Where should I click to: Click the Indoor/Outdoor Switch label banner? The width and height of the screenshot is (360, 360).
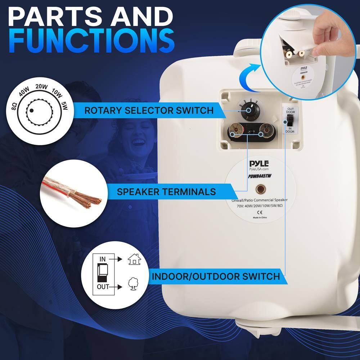(215, 276)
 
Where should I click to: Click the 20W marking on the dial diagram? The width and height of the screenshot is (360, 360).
(42, 86)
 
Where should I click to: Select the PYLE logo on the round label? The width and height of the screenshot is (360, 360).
(259, 163)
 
